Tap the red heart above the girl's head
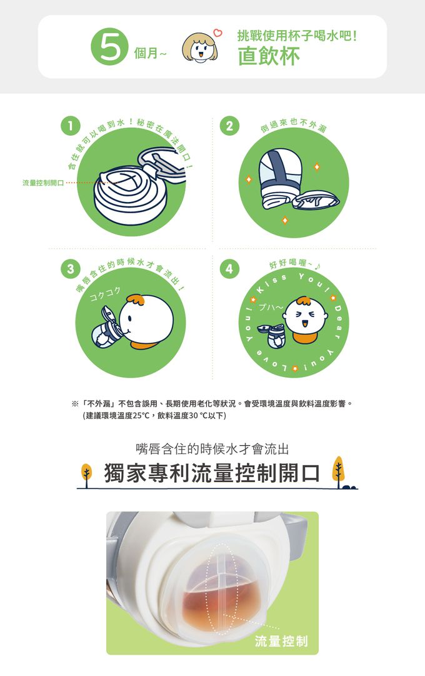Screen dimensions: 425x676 point(218,33)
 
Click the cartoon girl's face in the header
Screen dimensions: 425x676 point(199,48)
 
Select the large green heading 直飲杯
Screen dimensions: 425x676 point(269,56)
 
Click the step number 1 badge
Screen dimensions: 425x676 point(71,126)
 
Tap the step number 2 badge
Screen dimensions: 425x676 point(229,126)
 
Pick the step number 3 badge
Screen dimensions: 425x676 point(71,270)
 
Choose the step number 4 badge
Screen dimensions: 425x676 point(229,270)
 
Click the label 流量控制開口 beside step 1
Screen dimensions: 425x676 point(43,183)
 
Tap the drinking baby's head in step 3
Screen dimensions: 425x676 point(146,319)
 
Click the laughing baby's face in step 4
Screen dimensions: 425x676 point(306,317)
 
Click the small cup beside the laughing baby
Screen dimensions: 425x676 point(271,336)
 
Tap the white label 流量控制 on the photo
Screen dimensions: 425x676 point(281,640)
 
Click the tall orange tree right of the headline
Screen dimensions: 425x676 point(339,472)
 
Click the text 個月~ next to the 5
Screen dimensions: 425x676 point(149,53)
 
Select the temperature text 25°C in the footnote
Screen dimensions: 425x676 point(141,416)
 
